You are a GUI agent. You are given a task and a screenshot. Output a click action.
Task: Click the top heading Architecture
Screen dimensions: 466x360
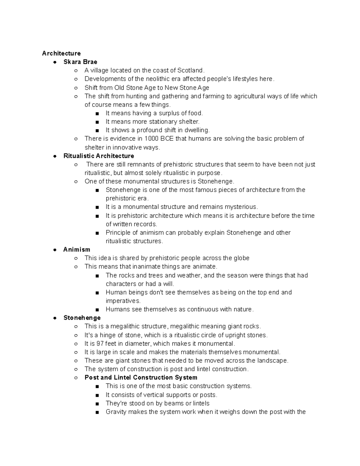[x=61, y=53]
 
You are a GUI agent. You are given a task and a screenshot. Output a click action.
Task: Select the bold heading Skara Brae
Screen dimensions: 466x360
[x=80, y=62]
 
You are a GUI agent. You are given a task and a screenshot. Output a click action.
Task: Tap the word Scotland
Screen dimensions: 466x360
[x=190, y=71]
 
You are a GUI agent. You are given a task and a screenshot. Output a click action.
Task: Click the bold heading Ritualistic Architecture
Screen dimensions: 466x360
[x=99, y=156]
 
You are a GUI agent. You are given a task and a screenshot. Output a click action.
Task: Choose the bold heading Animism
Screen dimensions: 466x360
[x=76, y=249]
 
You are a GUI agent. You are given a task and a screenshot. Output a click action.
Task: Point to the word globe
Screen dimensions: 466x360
[x=241, y=258]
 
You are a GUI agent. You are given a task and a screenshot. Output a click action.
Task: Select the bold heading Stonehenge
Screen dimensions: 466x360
[x=82, y=317]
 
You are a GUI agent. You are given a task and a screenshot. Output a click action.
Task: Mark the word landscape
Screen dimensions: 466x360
[x=273, y=360]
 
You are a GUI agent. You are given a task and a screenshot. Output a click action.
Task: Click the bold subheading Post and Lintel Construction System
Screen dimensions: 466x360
[x=141, y=377]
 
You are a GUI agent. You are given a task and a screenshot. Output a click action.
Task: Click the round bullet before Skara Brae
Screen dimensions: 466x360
[x=55, y=62]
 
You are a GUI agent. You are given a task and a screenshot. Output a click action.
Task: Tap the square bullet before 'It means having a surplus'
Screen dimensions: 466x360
[x=97, y=113]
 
